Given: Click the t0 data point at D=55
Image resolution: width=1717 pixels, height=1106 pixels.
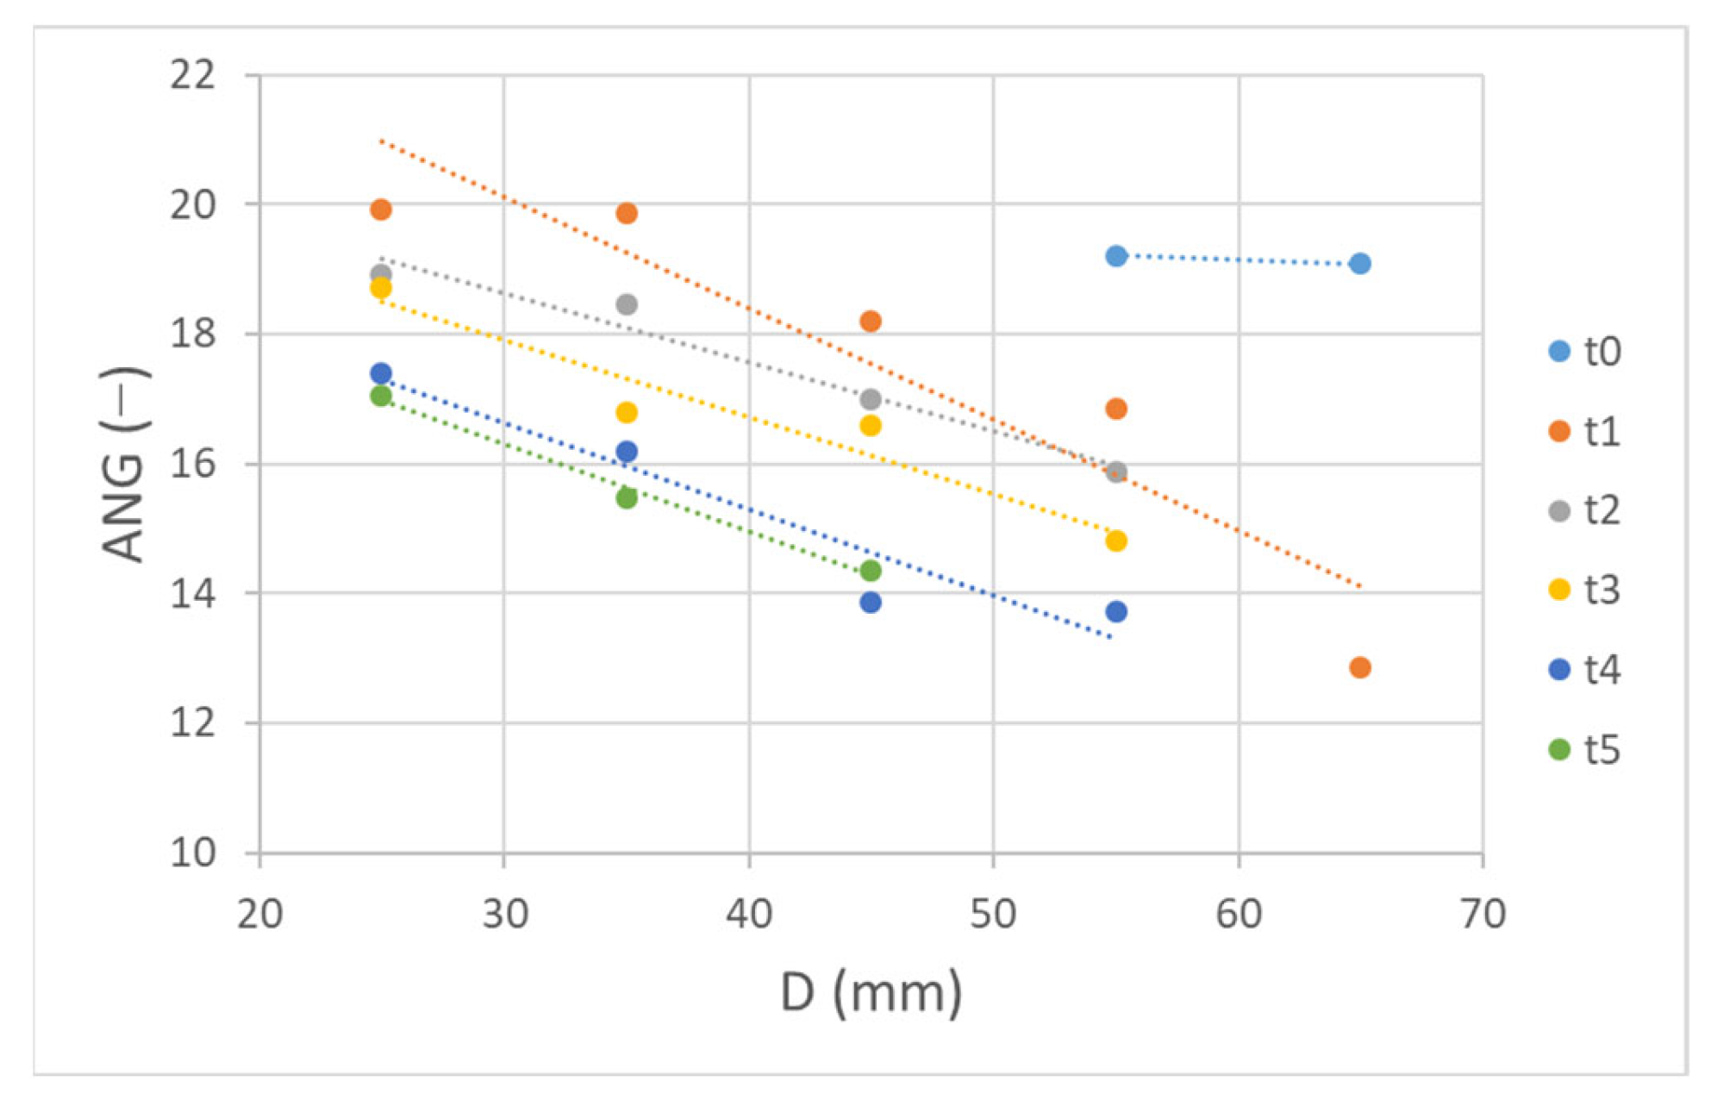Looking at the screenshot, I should tap(1115, 256).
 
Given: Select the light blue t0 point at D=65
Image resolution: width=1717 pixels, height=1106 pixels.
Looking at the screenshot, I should tap(1360, 264).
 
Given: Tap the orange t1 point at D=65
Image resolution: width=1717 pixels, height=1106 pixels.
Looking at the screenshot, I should tap(1360, 667).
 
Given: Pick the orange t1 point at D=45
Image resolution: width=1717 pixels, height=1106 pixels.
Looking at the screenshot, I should tap(871, 322).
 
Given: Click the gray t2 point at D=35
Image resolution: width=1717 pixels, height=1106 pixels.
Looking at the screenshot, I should tap(627, 304).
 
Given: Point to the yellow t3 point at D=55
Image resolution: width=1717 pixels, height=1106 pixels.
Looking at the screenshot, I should tap(1115, 541).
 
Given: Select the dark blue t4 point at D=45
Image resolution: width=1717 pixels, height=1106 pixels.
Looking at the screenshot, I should tap(871, 603).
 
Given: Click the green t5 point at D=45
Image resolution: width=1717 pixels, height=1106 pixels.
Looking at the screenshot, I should tap(871, 571).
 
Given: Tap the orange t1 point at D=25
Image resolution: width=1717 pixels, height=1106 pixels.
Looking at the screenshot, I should tap(381, 209).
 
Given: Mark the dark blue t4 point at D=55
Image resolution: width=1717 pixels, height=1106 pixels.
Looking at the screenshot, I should tap(1115, 612).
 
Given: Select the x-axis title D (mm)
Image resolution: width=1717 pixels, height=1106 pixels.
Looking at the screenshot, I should tap(871, 993).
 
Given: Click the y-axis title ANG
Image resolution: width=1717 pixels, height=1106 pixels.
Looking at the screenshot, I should tap(125, 466).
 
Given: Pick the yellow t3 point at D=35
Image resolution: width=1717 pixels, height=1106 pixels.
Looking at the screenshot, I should tap(627, 413).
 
